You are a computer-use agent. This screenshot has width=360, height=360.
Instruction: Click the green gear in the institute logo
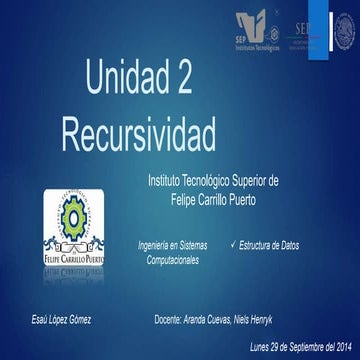(x=71, y=215)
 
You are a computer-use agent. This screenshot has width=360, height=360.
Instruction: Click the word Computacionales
(x=172, y=259)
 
